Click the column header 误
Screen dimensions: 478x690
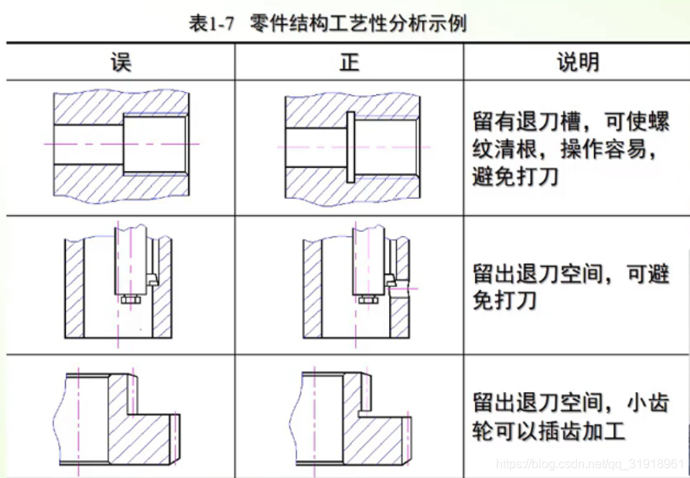click(121, 62)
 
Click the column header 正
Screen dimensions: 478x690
click(350, 62)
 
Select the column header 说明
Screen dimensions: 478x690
click(578, 62)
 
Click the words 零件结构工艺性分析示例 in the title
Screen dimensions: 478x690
click(359, 23)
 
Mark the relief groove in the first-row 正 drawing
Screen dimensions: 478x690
click(350, 146)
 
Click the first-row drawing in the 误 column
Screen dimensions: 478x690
click(121, 145)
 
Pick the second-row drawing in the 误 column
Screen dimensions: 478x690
click(118, 282)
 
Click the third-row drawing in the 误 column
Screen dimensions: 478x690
click(118, 418)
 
